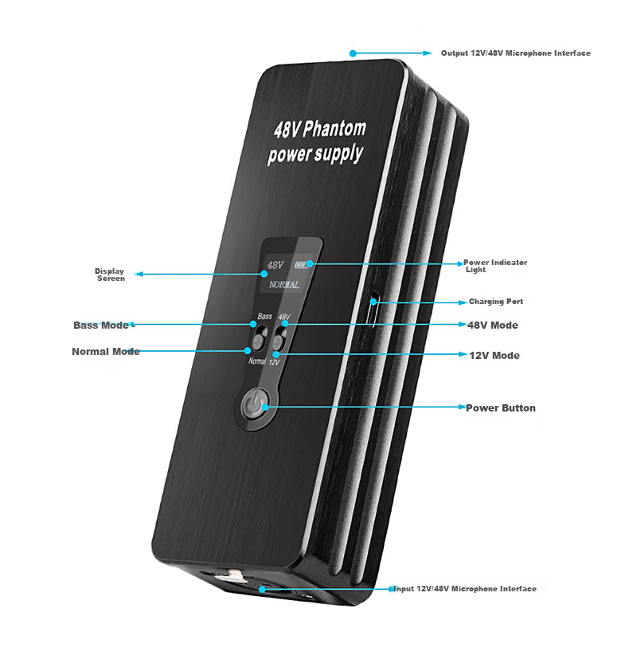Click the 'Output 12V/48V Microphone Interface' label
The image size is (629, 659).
coord(515,53)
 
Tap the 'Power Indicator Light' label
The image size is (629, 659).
coord(495,266)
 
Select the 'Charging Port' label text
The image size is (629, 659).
coord(496,302)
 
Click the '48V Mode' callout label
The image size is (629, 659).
coord(493,326)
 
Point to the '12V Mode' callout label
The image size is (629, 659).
coord(494,356)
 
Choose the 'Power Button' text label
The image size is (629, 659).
coord(501,408)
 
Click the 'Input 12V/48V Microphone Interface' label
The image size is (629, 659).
coord(465,589)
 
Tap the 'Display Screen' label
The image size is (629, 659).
coord(110,275)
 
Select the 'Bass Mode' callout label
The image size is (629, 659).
coord(101,326)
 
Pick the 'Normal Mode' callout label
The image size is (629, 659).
coord(106,351)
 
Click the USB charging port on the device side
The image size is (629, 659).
coord(373,309)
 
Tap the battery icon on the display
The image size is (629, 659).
coord(301,265)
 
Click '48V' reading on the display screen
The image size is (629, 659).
coord(275,265)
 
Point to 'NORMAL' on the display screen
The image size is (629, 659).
coord(284,284)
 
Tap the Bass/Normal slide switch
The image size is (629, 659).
coord(260,339)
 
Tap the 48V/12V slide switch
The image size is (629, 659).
coord(279,339)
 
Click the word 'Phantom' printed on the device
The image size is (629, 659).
coord(334,129)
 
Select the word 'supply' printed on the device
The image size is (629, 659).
coord(339,154)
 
